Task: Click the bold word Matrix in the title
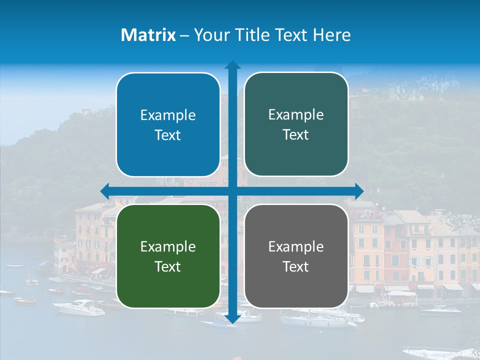tap(148, 35)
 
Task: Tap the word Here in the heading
tap(331, 35)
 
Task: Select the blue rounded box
tap(168, 125)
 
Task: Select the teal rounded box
tap(296, 124)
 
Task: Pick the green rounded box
tap(168, 256)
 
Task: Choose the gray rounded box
tap(296, 256)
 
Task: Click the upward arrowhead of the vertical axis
tap(232, 65)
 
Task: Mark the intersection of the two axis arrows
tap(232, 191)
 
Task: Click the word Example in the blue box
tap(168, 115)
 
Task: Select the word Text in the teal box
tap(296, 135)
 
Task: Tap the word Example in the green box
tap(168, 247)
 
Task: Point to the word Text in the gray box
tap(296, 266)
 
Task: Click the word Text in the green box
tap(168, 266)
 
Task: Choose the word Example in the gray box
tap(296, 246)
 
